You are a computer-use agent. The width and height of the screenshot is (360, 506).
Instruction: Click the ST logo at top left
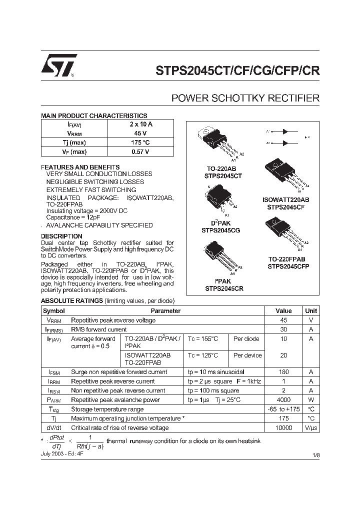pos(59,66)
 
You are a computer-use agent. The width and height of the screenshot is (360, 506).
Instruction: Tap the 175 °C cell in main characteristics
pos(141,142)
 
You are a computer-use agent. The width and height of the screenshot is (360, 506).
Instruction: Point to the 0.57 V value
pos(141,151)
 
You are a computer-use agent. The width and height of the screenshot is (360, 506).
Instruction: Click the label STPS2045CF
pos(285,206)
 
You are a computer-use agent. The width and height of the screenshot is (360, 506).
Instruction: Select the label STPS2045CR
pos(224,288)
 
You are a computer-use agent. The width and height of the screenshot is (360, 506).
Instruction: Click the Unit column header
pos(310,310)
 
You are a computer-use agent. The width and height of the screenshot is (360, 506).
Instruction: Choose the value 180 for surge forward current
pos(283,372)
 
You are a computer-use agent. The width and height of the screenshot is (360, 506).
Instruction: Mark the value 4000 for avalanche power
pos(283,400)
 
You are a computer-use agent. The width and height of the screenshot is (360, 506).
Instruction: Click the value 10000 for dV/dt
pos(283,428)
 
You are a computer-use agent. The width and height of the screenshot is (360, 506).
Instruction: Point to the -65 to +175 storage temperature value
pos(283,409)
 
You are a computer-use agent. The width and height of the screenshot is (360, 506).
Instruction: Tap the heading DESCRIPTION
pos(61,236)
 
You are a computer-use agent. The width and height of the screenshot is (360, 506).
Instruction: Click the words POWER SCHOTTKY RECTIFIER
pos(245,98)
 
